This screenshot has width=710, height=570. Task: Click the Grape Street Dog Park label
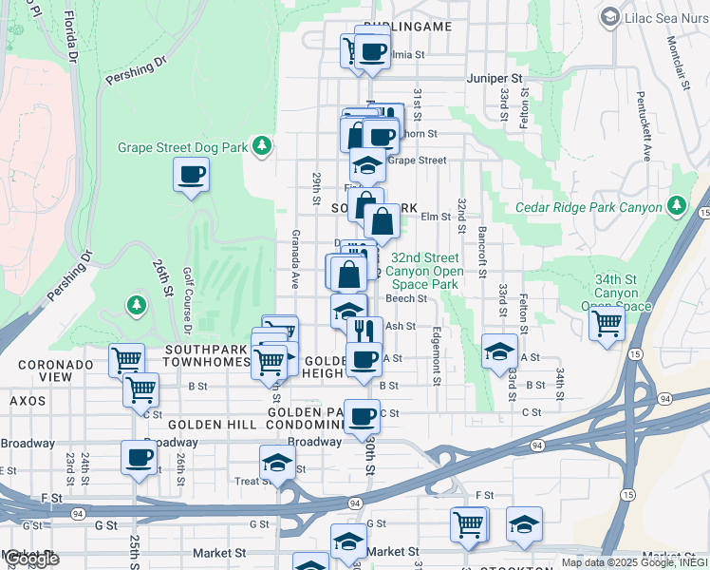[x=182, y=147]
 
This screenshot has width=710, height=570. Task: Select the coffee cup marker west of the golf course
[x=191, y=175]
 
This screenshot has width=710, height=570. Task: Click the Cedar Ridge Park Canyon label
[x=589, y=207]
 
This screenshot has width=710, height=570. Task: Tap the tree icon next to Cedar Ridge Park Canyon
[x=676, y=206]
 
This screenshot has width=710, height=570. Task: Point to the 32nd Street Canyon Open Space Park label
[x=427, y=271]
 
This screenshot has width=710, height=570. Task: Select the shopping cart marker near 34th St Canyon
[x=606, y=322]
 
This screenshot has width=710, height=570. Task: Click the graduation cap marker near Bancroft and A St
[x=499, y=351]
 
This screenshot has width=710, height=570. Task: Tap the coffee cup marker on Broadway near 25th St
[x=139, y=458]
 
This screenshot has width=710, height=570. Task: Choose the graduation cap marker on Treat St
[x=276, y=465]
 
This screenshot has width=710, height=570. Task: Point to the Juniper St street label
[x=495, y=78]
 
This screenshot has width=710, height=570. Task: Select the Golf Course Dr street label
[x=187, y=299]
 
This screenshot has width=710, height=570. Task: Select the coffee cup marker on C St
[x=362, y=416]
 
